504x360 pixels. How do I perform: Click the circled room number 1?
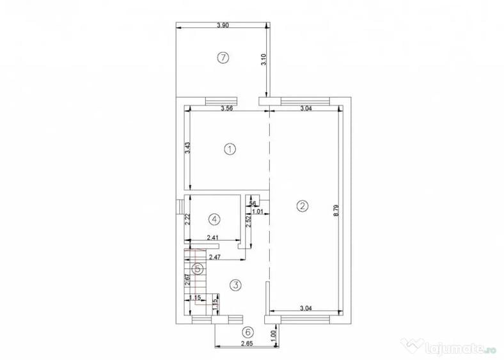click(230, 149)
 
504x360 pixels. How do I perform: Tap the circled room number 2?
click(302, 206)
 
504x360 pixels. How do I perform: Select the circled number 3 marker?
click(235, 285)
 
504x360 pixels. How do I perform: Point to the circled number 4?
click(214, 219)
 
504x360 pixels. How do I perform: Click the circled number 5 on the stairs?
click(198, 269)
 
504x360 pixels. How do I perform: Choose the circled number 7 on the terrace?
click(223, 58)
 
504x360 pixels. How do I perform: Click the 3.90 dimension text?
click(223, 26)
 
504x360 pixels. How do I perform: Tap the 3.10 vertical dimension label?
click(264, 59)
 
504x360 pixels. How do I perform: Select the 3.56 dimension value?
click(227, 108)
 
